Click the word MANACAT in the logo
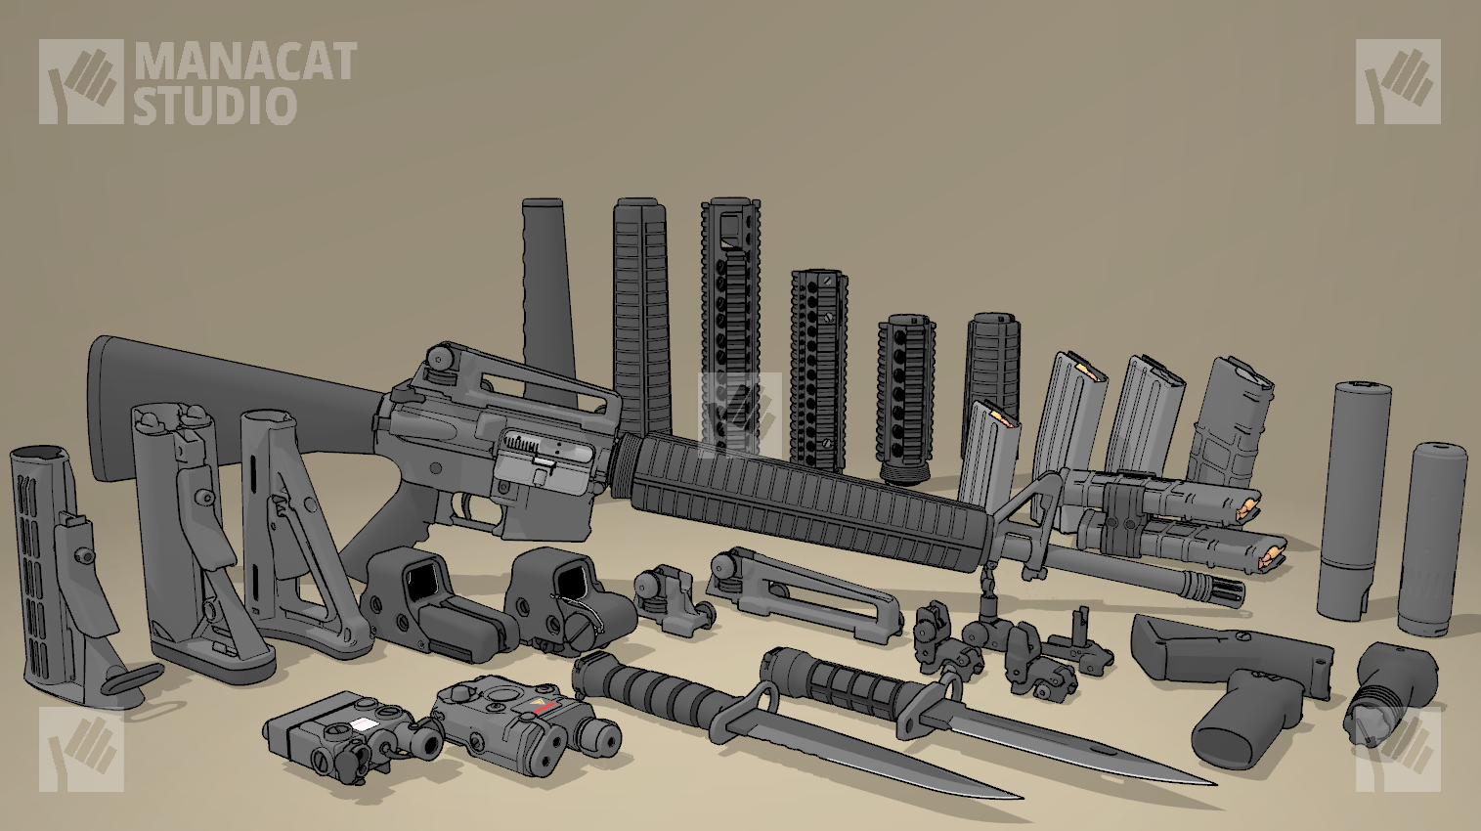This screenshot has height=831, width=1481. tap(246, 62)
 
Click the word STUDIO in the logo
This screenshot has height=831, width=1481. tap(215, 105)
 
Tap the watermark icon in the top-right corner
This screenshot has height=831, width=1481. tap(1398, 81)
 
